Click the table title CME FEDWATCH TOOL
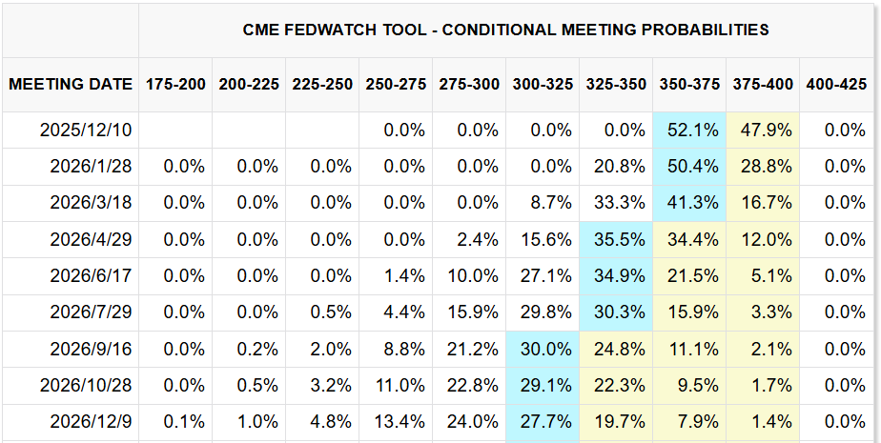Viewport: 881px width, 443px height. coord(505,30)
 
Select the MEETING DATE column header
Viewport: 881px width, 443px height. coord(71,84)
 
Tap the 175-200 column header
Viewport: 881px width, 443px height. coord(175,84)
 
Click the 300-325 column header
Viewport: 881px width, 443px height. coord(543,84)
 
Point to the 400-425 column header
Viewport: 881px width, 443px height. coord(836,84)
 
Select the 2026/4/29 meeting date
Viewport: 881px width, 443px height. coord(92,239)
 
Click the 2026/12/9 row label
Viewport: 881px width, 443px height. coord(92,422)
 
